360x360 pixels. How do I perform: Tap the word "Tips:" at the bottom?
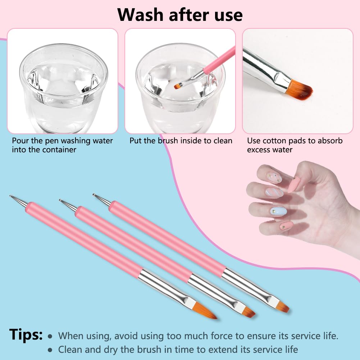click(x=26, y=334)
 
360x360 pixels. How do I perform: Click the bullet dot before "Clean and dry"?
click(x=50, y=350)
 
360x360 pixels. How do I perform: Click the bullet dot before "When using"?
click(x=50, y=336)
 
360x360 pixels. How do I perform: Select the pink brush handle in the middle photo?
click(x=219, y=60)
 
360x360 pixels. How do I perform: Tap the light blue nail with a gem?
click(x=278, y=211)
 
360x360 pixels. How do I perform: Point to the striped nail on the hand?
click(x=274, y=192)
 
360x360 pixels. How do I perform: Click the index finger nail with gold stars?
click(x=274, y=178)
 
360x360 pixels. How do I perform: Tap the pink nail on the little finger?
click(x=286, y=225)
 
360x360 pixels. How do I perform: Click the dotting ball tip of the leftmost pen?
click(x=10, y=196)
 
